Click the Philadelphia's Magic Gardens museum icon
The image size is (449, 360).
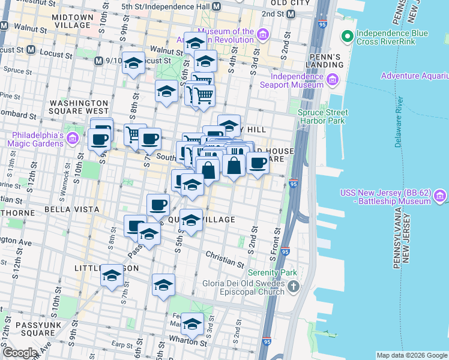pyautogui.click(x=73, y=139)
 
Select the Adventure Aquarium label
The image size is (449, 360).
pyautogui.click(x=414, y=76)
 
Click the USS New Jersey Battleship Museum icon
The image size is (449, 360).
pyautogui.click(x=440, y=196)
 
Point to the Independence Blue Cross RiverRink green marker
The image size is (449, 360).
pyautogui.click(x=346, y=37)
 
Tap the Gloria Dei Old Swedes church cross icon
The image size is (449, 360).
pyautogui.click(x=293, y=287)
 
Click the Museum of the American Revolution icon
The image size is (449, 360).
pyautogui.click(x=262, y=36)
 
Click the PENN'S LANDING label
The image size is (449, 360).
pyautogui.click(x=324, y=60)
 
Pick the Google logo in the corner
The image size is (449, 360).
pyautogui.click(x=20, y=353)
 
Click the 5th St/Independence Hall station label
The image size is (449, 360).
pyautogui.click(x=166, y=6)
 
